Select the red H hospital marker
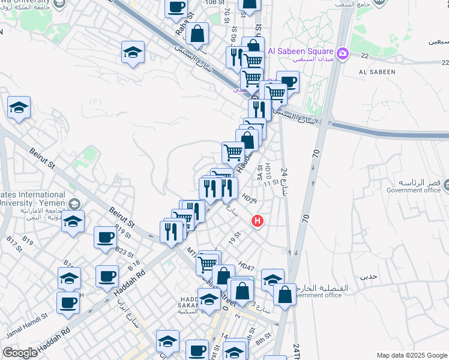pos(258,221)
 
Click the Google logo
pos(20,353)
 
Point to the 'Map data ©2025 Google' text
pos(412,355)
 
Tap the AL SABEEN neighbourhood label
pos(376,72)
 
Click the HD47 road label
pos(246,265)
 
